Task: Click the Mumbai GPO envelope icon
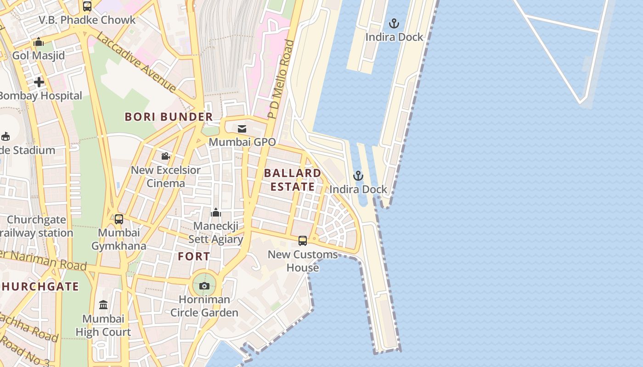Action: pos(242,129)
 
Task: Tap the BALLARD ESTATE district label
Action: pos(293,180)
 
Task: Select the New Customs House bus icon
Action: pos(303,241)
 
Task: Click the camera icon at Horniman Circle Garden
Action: pos(204,286)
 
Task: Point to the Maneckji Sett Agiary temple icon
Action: pos(216,212)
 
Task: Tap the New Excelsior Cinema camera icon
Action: pos(166,156)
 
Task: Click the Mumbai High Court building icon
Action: pos(103,305)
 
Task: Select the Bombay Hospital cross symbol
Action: pos(39,82)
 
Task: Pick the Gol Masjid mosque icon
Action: pos(39,42)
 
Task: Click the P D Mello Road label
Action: pos(281,79)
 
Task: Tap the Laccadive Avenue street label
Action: pos(136,62)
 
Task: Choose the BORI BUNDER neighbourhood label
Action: pos(169,117)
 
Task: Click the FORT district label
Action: pos(194,256)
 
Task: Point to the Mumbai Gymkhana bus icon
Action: pos(119,219)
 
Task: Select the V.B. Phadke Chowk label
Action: pos(87,20)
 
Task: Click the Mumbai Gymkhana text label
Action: pos(118,239)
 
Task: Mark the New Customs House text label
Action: pos(303,261)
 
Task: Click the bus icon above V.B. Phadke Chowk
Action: pos(87,6)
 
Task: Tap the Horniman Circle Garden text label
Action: pos(204,306)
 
